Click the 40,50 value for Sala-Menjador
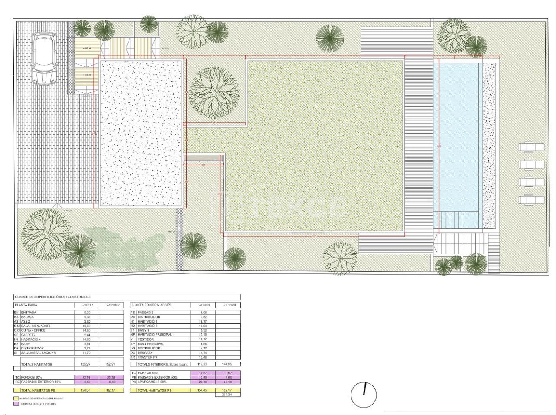pyautogui.click(x=87, y=326)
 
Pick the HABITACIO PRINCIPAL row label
pyautogui.click(x=155, y=335)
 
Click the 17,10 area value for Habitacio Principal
pyautogui.click(x=203, y=335)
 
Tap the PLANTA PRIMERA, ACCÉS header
pyautogui.click(x=151, y=305)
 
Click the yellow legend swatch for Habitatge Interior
pyautogui.click(x=16, y=398)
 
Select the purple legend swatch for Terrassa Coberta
pyautogui.click(x=16, y=404)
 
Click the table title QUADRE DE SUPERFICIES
pyautogui.click(x=53, y=297)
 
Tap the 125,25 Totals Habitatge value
pyautogui.click(x=87, y=364)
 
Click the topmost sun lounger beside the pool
pyautogui.click(x=531, y=147)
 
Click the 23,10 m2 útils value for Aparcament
pyautogui.click(x=203, y=382)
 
